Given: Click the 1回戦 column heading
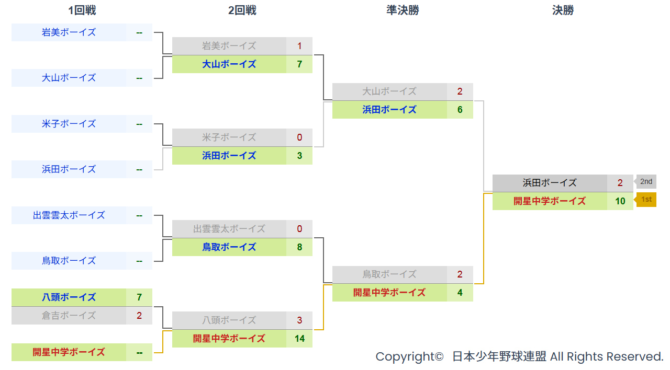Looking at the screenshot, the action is (82, 10).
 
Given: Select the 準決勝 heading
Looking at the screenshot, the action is (403, 10).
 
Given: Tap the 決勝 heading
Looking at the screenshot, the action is (563, 10).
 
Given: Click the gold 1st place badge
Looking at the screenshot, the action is (645, 200).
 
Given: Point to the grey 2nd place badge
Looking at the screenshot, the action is (645, 181).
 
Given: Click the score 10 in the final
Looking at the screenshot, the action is (620, 201).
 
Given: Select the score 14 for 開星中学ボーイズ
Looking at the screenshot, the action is (299, 339).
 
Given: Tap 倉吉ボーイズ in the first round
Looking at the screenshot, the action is (69, 315).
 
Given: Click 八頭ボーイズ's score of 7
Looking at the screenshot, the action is (139, 297).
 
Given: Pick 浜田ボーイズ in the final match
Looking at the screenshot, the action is (550, 183).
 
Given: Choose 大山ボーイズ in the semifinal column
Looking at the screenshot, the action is (389, 91).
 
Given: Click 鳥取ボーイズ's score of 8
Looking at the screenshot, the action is (299, 247).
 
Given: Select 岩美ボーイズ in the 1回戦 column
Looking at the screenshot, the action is (69, 32).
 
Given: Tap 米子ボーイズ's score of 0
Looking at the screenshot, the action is (299, 137).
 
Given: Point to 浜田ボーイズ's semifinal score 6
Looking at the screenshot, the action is (460, 110).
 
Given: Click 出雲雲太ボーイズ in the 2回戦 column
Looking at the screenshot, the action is (229, 229).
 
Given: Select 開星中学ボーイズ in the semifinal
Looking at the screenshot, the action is (389, 293).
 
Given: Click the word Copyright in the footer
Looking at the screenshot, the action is (409, 356).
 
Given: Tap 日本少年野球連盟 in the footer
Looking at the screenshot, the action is (499, 356).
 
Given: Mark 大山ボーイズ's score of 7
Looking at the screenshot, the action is (299, 64).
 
